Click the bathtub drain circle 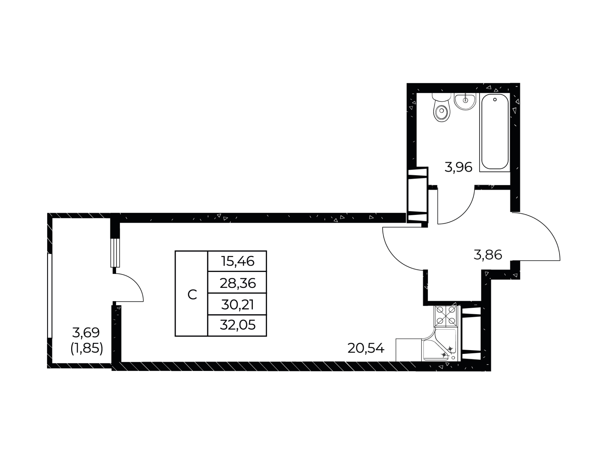(495, 100)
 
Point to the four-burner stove (446, 316)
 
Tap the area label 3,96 (458, 167)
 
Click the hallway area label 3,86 (488, 254)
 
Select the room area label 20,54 (366, 348)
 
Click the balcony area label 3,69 (86, 332)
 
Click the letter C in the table (192, 294)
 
